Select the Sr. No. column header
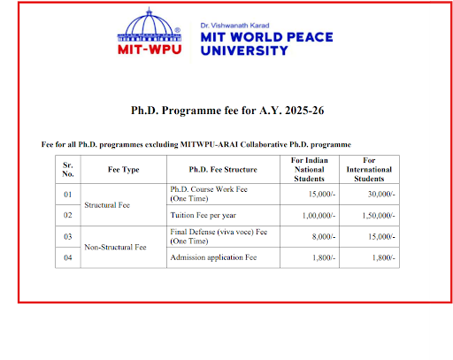[67, 168]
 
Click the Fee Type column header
[123, 168]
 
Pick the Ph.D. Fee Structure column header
[223, 168]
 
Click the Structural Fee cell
[107, 204]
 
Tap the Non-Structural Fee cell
[115, 247]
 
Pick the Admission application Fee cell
[213, 257]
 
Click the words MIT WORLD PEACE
[254, 37]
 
